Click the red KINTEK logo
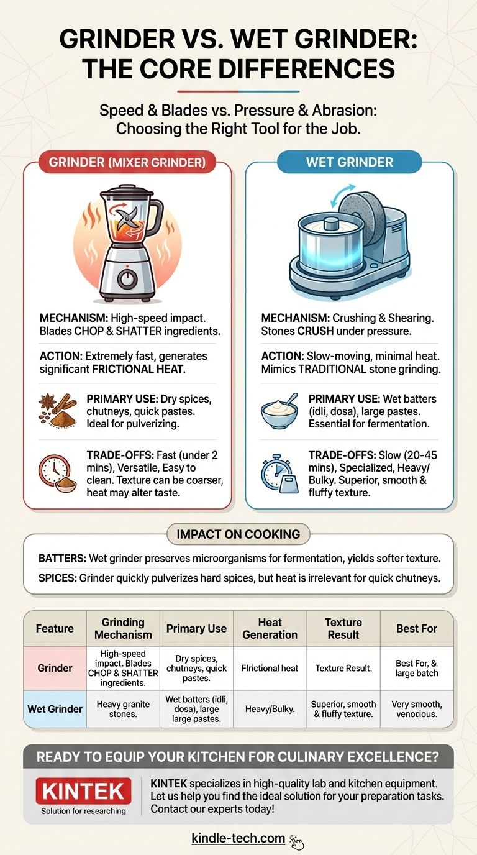(x=83, y=790)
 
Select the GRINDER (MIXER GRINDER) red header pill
(x=127, y=162)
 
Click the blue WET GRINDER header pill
(x=349, y=162)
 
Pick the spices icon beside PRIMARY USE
(x=57, y=410)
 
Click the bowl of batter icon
(x=279, y=411)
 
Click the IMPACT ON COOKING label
(x=238, y=534)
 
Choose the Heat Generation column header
(x=270, y=628)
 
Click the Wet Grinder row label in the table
(x=55, y=709)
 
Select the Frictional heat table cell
(x=270, y=669)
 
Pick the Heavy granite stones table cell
(x=123, y=709)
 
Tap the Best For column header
(x=417, y=628)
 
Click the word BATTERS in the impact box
(x=62, y=559)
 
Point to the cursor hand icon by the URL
(x=296, y=841)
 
